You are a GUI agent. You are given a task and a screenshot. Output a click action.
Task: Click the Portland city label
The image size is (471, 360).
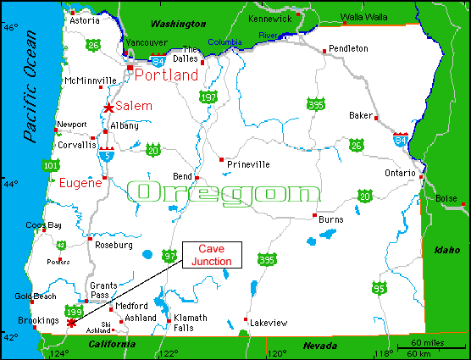(166, 75)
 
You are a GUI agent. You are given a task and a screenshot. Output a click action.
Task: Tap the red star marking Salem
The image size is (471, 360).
(108, 108)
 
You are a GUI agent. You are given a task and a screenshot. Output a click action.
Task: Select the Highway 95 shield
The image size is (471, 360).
(379, 289)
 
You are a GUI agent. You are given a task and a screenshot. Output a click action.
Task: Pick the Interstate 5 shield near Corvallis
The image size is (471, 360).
(107, 153)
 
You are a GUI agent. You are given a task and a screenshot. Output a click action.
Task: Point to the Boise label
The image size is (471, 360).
(446, 198)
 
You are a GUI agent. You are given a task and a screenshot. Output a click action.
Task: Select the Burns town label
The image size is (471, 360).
(330, 219)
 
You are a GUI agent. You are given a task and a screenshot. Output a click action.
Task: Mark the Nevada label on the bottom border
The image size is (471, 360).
(319, 346)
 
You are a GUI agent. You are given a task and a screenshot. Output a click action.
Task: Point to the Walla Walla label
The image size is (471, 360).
(364, 16)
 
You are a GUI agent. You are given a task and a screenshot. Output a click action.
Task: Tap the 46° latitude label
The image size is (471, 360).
(9, 27)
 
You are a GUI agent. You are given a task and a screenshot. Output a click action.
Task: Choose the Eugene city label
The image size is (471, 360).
(80, 182)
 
